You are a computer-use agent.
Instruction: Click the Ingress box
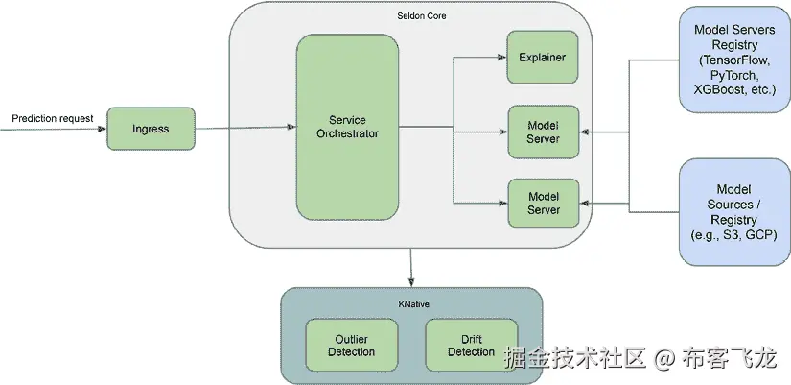tap(151, 129)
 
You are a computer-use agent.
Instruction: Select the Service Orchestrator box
tap(347, 127)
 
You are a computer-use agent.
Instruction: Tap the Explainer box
tap(542, 58)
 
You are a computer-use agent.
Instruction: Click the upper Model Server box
tap(543, 132)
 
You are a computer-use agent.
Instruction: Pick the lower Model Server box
tap(543, 204)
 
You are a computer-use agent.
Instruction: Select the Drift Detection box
tap(471, 346)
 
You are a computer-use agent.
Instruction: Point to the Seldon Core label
tap(421, 16)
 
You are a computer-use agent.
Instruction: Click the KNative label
tap(413, 303)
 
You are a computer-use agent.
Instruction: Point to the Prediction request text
tap(53, 119)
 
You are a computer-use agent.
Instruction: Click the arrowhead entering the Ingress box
tap(102, 129)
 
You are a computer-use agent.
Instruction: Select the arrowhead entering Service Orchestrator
tap(291, 127)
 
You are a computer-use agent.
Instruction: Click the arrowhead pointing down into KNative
tap(411, 283)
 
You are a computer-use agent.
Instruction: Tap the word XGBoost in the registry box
tap(715, 89)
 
